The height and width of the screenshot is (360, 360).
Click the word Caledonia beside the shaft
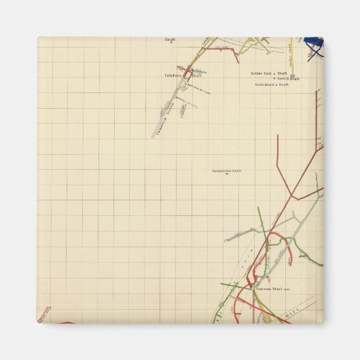173,75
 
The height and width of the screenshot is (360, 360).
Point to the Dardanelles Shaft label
227,171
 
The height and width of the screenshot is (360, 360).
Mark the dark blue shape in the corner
314,46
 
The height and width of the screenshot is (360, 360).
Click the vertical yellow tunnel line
291,54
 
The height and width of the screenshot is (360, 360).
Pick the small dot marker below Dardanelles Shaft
227,175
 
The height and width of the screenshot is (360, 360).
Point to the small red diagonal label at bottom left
45,314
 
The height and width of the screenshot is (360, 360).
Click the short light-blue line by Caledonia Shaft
200,71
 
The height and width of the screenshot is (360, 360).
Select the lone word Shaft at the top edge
170,40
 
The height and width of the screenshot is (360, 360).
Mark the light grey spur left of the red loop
241,235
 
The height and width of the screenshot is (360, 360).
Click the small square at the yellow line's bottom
292,77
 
